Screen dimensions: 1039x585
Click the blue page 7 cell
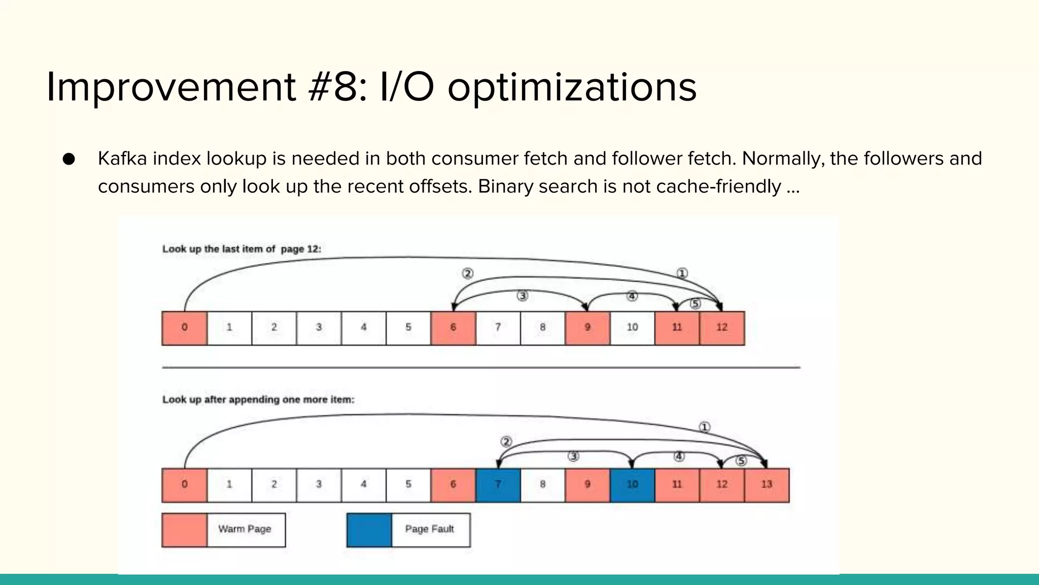pyautogui.click(x=498, y=485)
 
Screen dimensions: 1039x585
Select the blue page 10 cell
pyautogui.click(x=632, y=485)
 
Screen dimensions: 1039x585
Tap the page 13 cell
pyautogui.click(x=767, y=485)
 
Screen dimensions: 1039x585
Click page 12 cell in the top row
pyautogui.click(x=722, y=328)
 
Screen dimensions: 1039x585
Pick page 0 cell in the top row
pyautogui.click(x=185, y=328)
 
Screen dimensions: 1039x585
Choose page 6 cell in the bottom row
pyautogui.click(x=453, y=485)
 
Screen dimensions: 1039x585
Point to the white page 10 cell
pyautogui.click(x=632, y=328)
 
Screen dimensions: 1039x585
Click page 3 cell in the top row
pyautogui.click(x=319, y=328)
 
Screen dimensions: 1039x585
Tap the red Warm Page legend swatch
pyautogui.click(x=185, y=530)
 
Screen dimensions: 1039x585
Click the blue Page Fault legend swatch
pyautogui.click(x=369, y=530)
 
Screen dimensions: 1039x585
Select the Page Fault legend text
pyautogui.click(x=429, y=529)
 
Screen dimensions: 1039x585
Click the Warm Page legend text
pyautogui.click(x=245, y=529)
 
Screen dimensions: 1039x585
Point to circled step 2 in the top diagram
pyautogui.click(x=467, y=274)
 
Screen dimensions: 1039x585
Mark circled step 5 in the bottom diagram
pyautogui.click(x=741, y=461)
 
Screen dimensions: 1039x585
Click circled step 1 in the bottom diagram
pyautogui.click(x=704, y=427)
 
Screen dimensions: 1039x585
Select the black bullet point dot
pyautogui.click(x=69, y=159)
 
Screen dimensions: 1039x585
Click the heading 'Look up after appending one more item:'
pyautogui.click(x=258, y=400)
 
